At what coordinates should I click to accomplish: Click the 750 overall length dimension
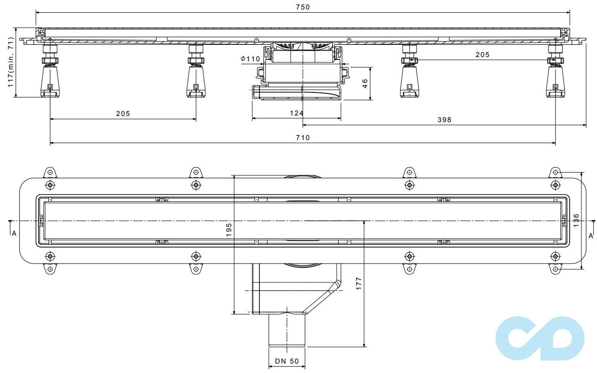pyautogui.click(x=303, y=7)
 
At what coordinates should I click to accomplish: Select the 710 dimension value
pyautogui.click(x=303, y=138)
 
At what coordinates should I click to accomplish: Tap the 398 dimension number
pyautogui.click(x=444, y=120)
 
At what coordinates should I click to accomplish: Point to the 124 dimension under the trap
pyautogui.click(x=296, y=113)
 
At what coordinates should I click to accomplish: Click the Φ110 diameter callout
pyautogui.click(x=250, y=59)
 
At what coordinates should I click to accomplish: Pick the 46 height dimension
pyautogui.click(x=365, y=83)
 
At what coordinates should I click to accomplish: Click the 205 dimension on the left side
pyautogui.click(x=123, y=114)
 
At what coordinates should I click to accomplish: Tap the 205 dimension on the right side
pyautogui.click(x=482, y=55)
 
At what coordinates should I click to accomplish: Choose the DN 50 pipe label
pyautogui.click(x=287, y=361)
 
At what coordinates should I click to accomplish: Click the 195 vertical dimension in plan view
pyautogui.click(x=229, y=230)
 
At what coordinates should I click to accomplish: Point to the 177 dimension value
pyautogui.click(x=359, y=283)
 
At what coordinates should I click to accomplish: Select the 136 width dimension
pyautogui.click(x=576, y=220)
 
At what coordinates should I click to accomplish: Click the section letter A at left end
pyautogui.click(x=14, y=233)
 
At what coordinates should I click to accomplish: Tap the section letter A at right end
pyautogui.click(x=591, y=235)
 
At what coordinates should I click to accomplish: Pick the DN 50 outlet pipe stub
pyautogui.click(x=287, y=330)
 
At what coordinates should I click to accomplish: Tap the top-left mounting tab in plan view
pyautogui.click(x=50, y=171)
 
